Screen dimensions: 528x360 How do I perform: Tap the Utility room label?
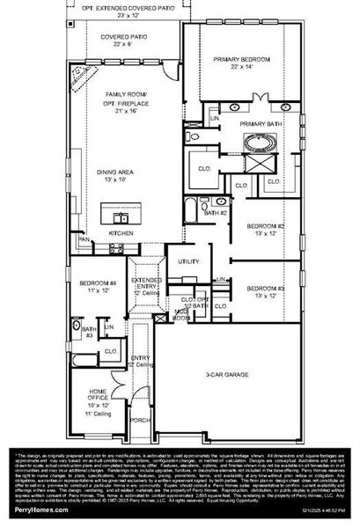pyautogui.click(x=189, y=261)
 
